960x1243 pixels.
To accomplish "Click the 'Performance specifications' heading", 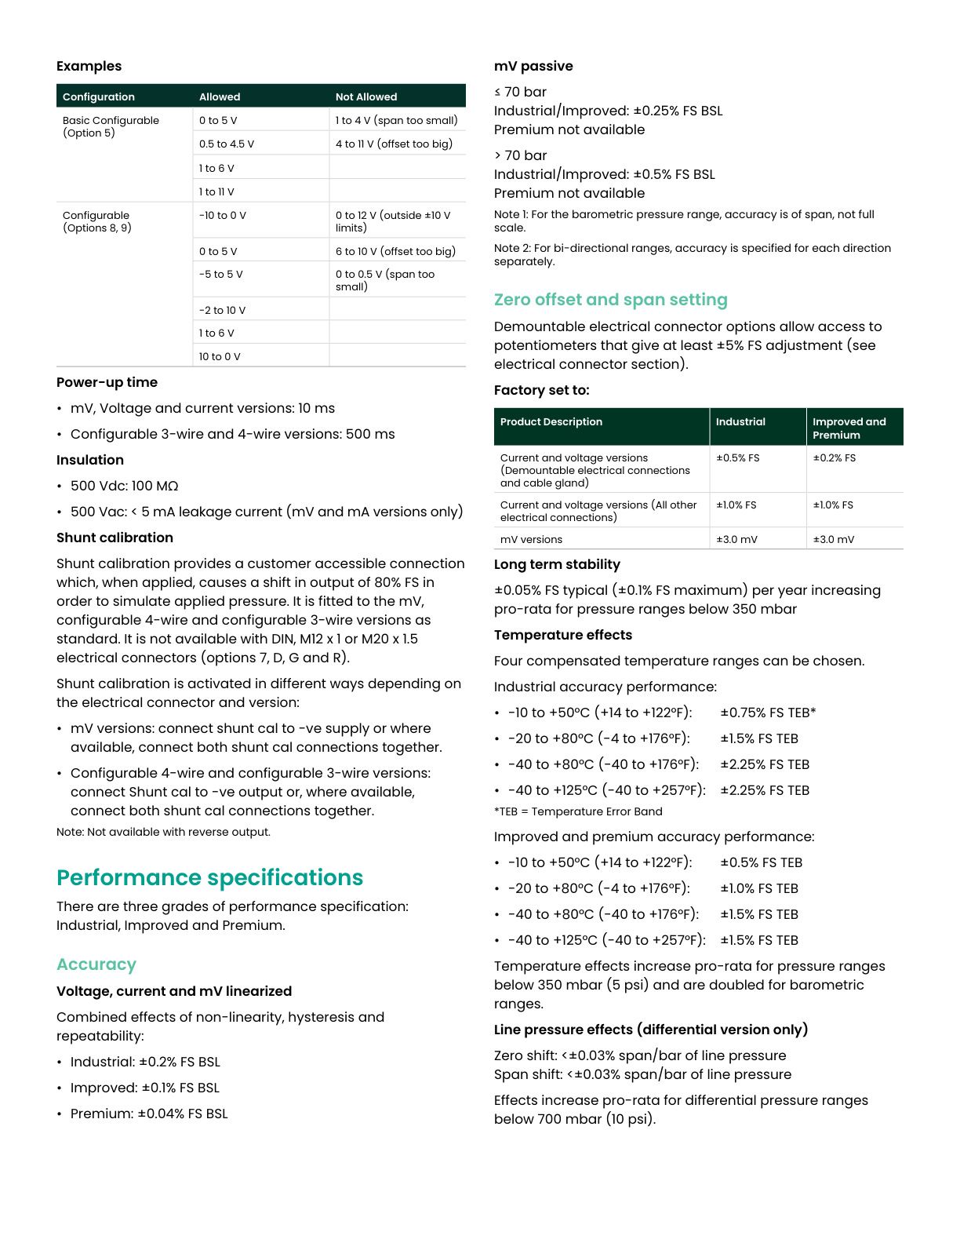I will tap(209, 877).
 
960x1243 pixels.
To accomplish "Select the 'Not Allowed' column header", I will tap(366, 97).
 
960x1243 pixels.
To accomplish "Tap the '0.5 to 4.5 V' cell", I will tap(227, 144).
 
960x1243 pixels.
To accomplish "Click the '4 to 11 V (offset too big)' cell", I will tap(394, 144).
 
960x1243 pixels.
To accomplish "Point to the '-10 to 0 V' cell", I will tap(223, 215).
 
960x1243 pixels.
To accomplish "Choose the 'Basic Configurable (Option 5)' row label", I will tap(111, 126).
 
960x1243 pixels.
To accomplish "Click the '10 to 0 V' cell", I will tap(220, 356).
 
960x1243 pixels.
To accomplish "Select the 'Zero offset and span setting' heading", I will tap(610, 300).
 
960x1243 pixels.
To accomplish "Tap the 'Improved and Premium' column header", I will tap(849, 428).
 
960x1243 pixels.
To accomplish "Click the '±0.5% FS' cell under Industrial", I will tap(737, 457).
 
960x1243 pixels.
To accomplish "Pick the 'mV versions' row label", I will tap(531, 539).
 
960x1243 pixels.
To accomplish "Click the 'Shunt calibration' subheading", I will tap(115, 538).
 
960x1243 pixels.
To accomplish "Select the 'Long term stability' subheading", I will tap(557, 564).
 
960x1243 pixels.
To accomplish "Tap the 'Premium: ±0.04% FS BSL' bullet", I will tap(149, 1114).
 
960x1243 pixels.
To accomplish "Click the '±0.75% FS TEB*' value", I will tap(768, 713).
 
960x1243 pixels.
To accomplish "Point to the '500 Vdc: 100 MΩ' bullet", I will tap(124, 486).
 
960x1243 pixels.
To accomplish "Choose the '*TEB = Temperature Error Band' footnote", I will tap(578, 811).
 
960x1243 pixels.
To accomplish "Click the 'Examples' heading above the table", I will tap(89, 66).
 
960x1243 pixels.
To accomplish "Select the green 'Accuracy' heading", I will tap(96, 964).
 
